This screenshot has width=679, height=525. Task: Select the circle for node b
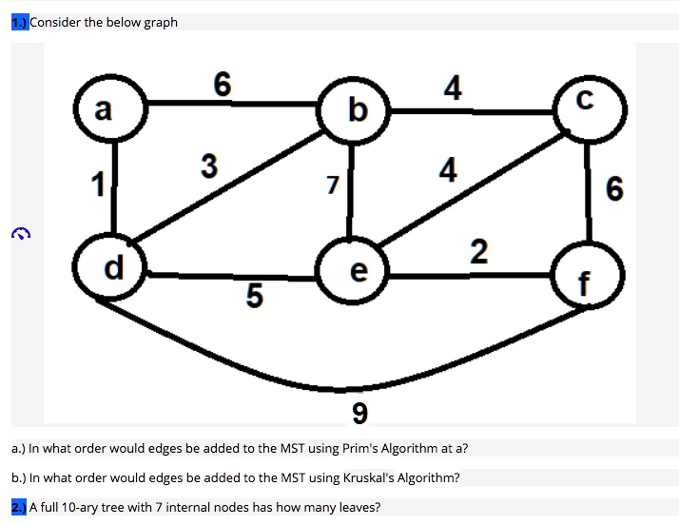tap(356, 111)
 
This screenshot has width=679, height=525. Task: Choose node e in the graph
tap(357, 272)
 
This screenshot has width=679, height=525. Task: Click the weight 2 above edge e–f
tap(478, 252)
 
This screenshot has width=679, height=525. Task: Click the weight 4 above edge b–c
tap(453, 88)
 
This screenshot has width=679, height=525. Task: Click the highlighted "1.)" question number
tap(20, 22)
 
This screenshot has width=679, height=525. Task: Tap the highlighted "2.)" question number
tap(20, 507)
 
